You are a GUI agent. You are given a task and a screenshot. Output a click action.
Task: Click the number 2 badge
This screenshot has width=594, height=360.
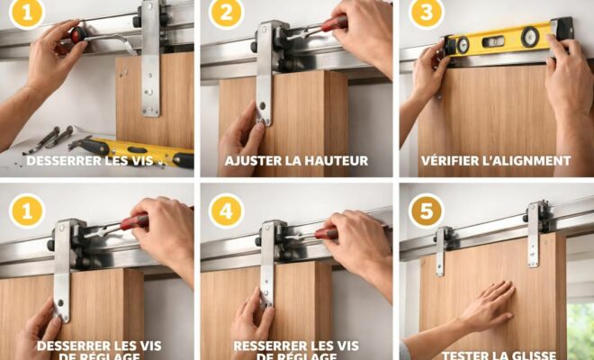(x=226, y=13)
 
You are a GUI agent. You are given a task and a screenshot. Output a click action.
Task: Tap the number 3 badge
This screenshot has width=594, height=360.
(x=426, y=13)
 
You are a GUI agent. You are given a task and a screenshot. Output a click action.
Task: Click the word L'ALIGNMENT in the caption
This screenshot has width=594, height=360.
(x=531, y=161)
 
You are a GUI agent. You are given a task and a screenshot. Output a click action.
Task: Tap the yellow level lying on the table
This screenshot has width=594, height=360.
(x=144, y=149)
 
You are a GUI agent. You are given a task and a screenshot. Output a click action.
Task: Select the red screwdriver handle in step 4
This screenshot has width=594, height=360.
(x=325, y=233)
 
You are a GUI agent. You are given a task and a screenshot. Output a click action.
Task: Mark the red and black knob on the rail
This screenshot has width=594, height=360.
(x=78, y=34)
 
